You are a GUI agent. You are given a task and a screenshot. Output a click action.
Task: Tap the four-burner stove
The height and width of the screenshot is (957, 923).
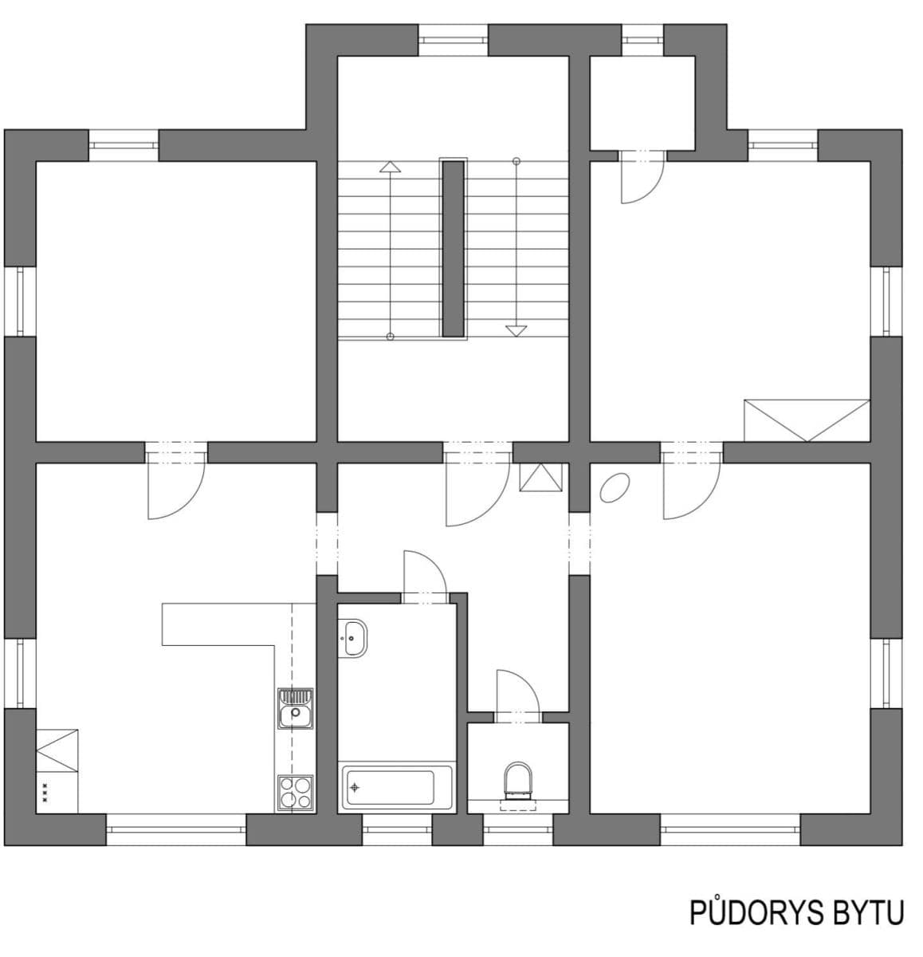pos(296,793)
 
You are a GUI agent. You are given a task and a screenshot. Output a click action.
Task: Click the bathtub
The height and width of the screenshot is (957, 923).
pos(388,787)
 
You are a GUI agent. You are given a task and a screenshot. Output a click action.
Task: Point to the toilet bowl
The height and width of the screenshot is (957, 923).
pos(517,779)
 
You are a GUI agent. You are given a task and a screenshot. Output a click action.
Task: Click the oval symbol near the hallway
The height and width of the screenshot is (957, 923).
pos(615,487)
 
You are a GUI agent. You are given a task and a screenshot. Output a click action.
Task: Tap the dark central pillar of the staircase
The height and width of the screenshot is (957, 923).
pos(453,249)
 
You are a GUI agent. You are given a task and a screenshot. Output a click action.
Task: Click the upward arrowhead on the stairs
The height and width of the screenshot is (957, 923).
pos(390,167)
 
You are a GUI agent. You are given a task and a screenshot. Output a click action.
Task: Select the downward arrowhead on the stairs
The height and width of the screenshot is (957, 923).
pos(516,330)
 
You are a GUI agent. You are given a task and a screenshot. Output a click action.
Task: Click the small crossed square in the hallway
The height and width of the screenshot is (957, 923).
pos(540,477)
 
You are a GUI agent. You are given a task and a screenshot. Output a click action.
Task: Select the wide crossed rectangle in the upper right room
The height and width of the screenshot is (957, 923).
pos(806,420)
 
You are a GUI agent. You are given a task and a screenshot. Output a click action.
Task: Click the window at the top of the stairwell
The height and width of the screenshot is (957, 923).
pos(453,39)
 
